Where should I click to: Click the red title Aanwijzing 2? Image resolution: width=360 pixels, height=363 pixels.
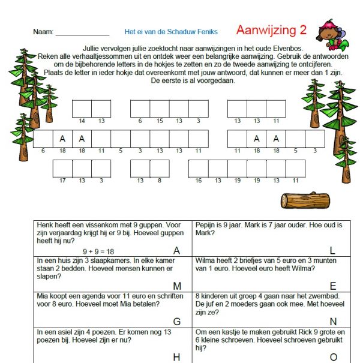(271, 30)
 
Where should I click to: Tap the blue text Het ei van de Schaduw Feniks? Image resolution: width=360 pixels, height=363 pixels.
(171, 32)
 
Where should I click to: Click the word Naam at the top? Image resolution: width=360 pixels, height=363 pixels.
(43, 32)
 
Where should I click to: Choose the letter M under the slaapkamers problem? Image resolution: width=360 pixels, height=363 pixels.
(176, 286)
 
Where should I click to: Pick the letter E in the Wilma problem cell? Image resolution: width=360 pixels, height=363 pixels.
(332, 286)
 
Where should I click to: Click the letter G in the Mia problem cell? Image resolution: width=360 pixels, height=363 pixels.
(176, 322)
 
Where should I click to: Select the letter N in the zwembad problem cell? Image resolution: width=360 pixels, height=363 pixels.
(332, 322)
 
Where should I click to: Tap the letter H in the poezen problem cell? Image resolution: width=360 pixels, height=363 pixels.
(176, 357)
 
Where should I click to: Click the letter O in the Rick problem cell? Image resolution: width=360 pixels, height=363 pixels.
(332, 357)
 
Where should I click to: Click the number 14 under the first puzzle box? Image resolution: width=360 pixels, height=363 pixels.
(82, 121)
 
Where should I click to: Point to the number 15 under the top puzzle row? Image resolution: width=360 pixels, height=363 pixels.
(159, 121)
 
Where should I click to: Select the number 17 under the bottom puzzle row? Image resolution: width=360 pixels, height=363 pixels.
(62, 180)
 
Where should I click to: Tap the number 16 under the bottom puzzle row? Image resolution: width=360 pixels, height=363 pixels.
(199, 180)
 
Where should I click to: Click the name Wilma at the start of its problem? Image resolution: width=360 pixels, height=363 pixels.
(206, 260)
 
